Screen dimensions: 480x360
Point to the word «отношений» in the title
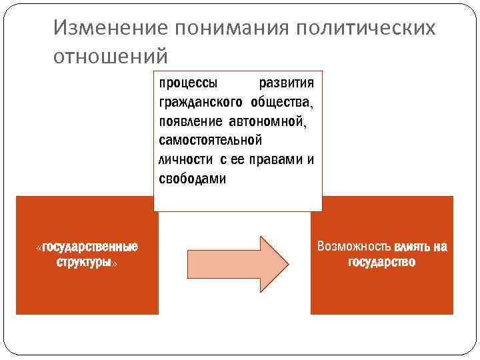coord(111,55)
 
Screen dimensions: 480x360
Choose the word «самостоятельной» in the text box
coord(211,141)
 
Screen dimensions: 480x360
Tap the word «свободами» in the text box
coord(193,179)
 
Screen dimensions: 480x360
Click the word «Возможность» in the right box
coord(354,247)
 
